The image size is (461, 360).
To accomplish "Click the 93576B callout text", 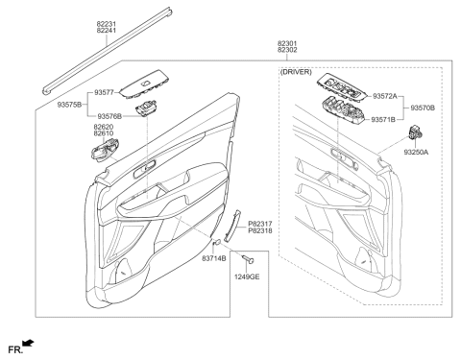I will [x=109, y=116].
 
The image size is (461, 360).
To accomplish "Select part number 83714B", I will [x=214, y=257].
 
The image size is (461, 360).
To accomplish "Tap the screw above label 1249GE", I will [x=248, y=258].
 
